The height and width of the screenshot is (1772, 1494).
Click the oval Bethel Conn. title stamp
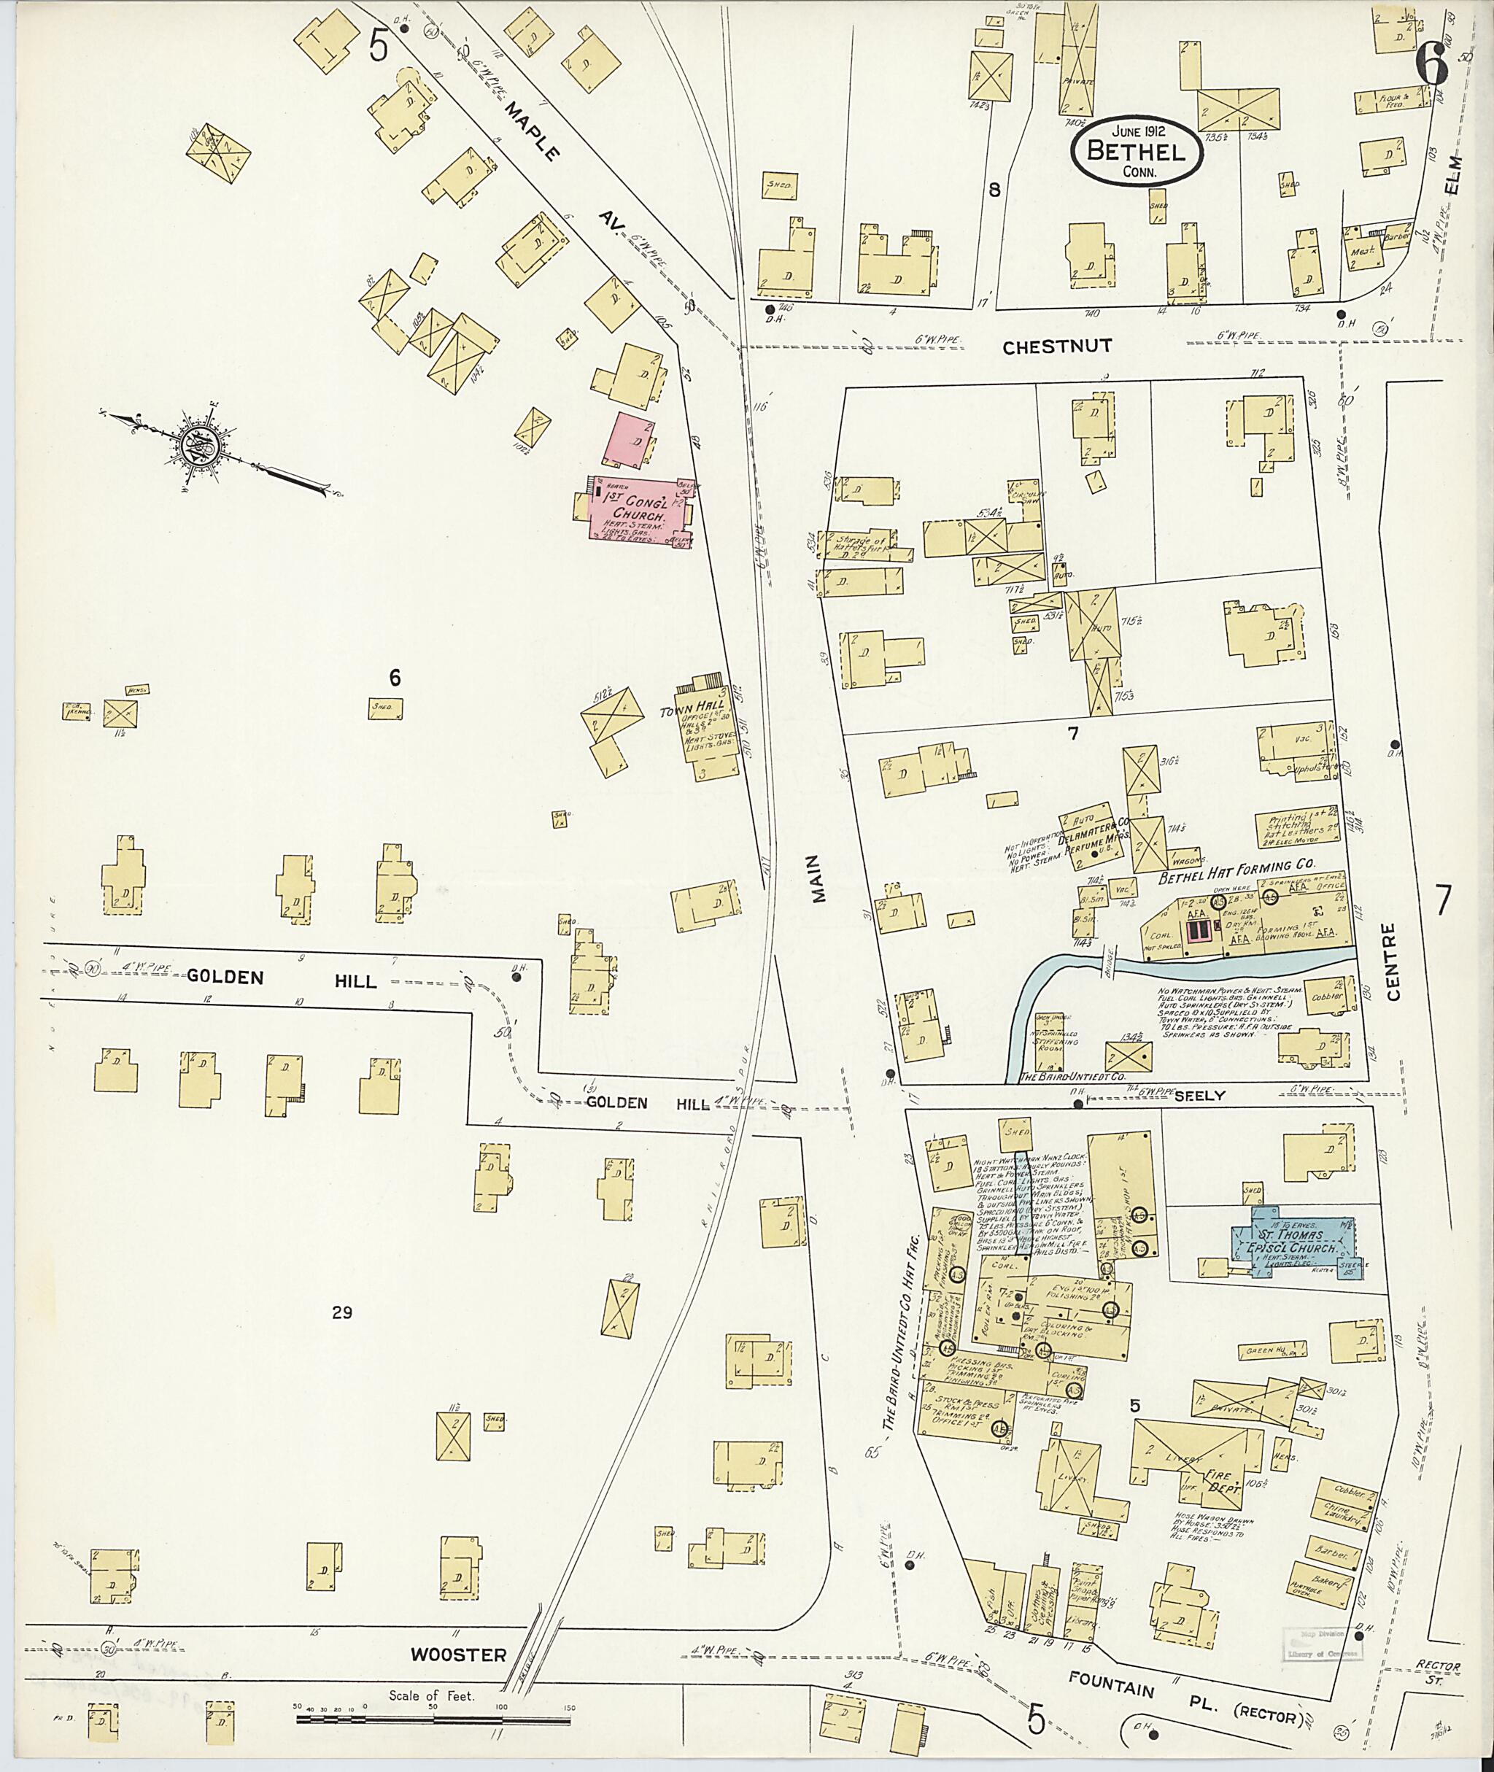tap(1136, 153)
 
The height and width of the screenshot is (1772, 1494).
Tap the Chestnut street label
tap(1056, 347)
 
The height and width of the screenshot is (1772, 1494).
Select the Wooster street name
tap(458, 1655)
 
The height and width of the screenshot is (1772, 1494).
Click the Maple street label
tap(533, 131)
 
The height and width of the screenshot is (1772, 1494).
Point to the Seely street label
tap(1199, 1095)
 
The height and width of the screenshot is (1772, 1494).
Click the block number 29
tap(342, 1313)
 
